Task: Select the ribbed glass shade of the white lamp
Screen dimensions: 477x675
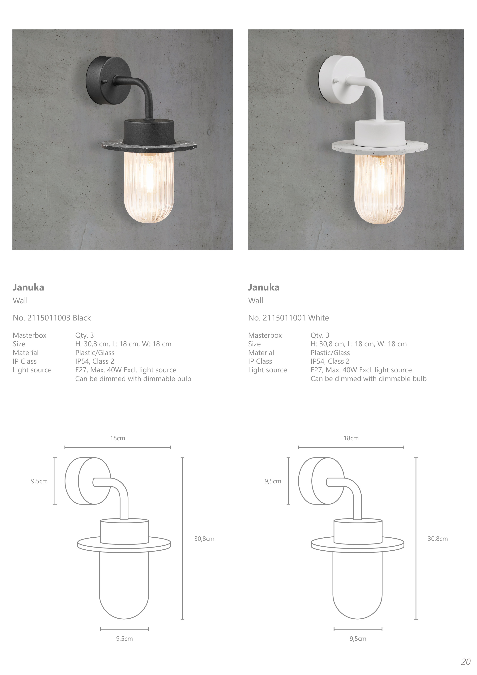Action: pos(379,188)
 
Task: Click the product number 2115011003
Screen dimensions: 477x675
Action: pos(49,318)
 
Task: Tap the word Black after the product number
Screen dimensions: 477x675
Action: pos(82,318)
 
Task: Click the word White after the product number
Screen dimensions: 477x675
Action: pos(319,318)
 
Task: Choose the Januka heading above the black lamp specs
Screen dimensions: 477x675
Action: pos(28,287)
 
